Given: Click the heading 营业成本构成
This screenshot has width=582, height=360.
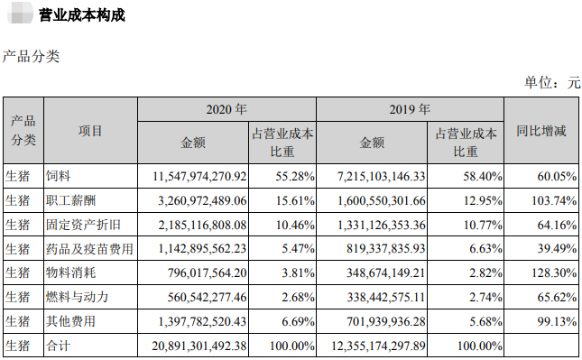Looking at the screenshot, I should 82,15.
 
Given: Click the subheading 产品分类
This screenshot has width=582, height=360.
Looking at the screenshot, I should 32,56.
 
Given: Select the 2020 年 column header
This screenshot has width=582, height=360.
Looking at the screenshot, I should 226,108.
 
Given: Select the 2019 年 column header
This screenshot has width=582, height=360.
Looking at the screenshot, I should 409,108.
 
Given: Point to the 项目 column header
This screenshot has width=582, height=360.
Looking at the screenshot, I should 90,131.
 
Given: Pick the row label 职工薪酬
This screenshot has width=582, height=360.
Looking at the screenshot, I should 72,198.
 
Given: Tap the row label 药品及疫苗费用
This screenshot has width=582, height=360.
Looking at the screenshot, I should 90,247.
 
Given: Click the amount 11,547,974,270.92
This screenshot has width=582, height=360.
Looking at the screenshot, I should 193,174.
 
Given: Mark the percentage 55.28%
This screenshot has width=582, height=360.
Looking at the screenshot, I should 293,174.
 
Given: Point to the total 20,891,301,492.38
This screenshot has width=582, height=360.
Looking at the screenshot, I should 193,345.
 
